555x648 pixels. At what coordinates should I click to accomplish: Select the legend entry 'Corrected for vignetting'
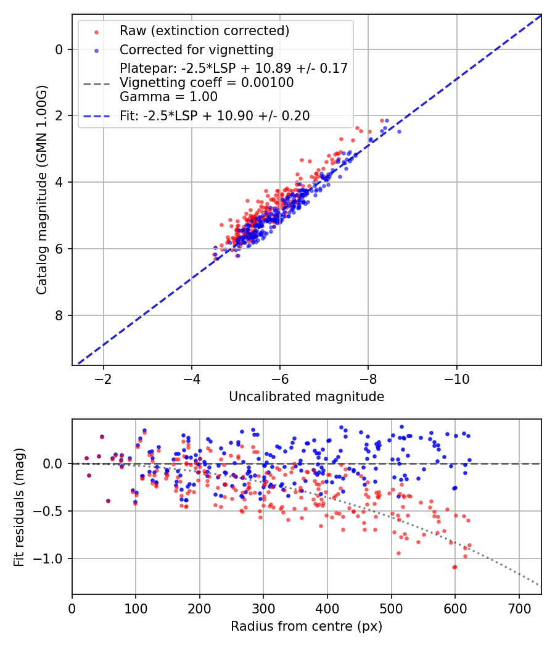coord(196,49)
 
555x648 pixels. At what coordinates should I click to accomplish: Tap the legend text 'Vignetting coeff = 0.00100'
coord(207,83)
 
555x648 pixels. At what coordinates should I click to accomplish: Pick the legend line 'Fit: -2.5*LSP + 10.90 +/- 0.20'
coord(215,115)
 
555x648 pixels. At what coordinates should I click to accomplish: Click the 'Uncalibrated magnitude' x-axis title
coord(306,397)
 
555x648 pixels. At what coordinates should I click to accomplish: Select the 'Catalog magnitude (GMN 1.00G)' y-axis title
coord(42,189)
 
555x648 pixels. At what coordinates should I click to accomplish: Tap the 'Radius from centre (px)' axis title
coord(306,626)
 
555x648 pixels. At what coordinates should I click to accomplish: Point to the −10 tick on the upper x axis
coord(456,378)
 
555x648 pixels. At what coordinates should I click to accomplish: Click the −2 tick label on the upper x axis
coord(103,378)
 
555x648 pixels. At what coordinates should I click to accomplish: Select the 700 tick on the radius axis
coord(519,607)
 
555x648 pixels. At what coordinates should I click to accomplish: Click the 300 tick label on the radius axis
coord(263,607)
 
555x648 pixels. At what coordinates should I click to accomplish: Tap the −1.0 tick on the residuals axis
coord(51,559)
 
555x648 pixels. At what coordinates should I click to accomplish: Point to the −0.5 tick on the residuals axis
coord(51,511)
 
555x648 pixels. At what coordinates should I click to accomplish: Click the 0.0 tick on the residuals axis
coord(54,463)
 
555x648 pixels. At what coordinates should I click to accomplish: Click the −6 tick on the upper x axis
coord(280,378)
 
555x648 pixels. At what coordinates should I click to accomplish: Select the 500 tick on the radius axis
coord(391,607)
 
